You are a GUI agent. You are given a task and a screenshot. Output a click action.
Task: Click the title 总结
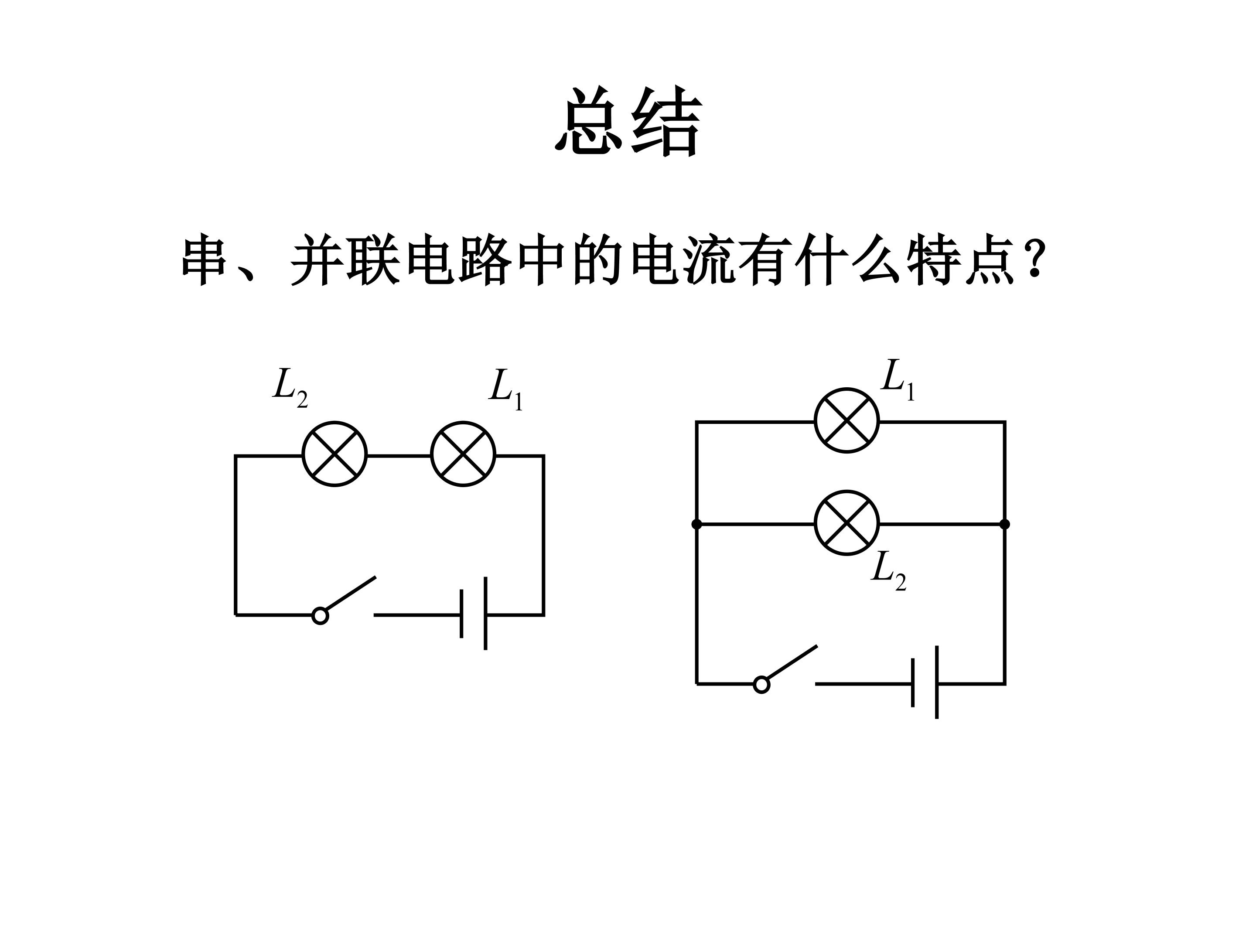point(628,122)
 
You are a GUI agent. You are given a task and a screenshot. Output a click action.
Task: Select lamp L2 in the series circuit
point(334,454)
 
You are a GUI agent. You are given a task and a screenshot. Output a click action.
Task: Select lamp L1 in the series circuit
point(463,454)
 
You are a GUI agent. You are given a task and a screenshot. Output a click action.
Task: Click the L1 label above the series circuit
point(505,389)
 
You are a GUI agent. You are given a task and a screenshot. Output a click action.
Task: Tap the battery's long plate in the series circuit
point(485,613)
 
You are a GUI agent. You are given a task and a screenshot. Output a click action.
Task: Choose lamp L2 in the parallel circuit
point(846,522)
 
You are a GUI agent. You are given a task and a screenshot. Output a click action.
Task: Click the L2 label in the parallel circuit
point(889,570)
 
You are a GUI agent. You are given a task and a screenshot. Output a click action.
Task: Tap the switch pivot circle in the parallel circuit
point(761,685)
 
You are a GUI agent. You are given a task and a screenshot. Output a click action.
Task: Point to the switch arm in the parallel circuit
point(792,662)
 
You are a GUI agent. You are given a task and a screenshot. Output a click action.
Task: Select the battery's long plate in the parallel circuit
point(936,682)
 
